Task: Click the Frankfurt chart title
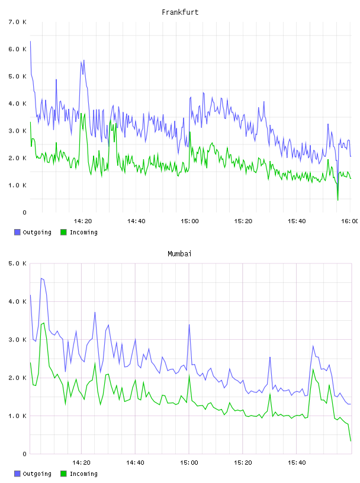(180, 12)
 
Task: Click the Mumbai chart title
(179, 254)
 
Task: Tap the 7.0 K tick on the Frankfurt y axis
(17, 22)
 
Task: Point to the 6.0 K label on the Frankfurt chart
(17, 49)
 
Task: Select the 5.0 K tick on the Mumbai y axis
(17, 263)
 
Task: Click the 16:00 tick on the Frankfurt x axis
(349, 221)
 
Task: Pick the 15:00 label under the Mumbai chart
(189, 463)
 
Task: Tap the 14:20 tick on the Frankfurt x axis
(83, 221)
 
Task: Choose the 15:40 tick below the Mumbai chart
(297, 463)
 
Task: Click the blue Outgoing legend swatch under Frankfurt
(17, 232)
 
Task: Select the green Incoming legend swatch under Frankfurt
(63, 232)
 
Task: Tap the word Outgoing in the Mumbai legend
(37, 474)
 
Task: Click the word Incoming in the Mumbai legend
(83, 474)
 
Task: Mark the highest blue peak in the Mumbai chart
(41, 278)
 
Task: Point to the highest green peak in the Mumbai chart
(44, 323)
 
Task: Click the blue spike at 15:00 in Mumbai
(189, 325)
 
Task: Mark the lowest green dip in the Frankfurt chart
(338, 200)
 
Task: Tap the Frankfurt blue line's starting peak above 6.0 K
(30, 41)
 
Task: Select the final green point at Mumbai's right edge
(351, 441)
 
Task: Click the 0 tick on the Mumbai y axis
(24, 454)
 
